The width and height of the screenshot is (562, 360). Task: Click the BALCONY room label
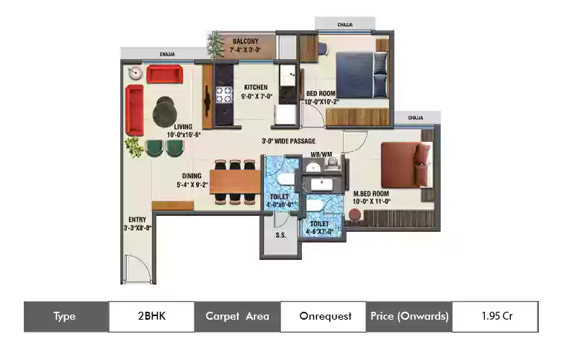[245, 42]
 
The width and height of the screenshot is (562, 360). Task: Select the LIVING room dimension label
[183, 134]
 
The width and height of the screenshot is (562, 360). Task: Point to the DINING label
[191, 175]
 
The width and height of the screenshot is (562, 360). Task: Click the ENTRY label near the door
[138, 220]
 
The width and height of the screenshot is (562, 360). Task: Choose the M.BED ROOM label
[371, 194]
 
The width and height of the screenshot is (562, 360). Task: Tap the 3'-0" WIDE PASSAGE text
[288, 141]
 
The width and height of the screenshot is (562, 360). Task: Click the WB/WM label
[321, 154]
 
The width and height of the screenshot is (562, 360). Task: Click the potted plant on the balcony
[215, 45]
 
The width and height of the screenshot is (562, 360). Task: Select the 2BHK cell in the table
[151, 316]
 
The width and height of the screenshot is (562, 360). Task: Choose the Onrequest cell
[323, 316]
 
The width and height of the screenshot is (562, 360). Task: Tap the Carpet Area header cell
[237, 316]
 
